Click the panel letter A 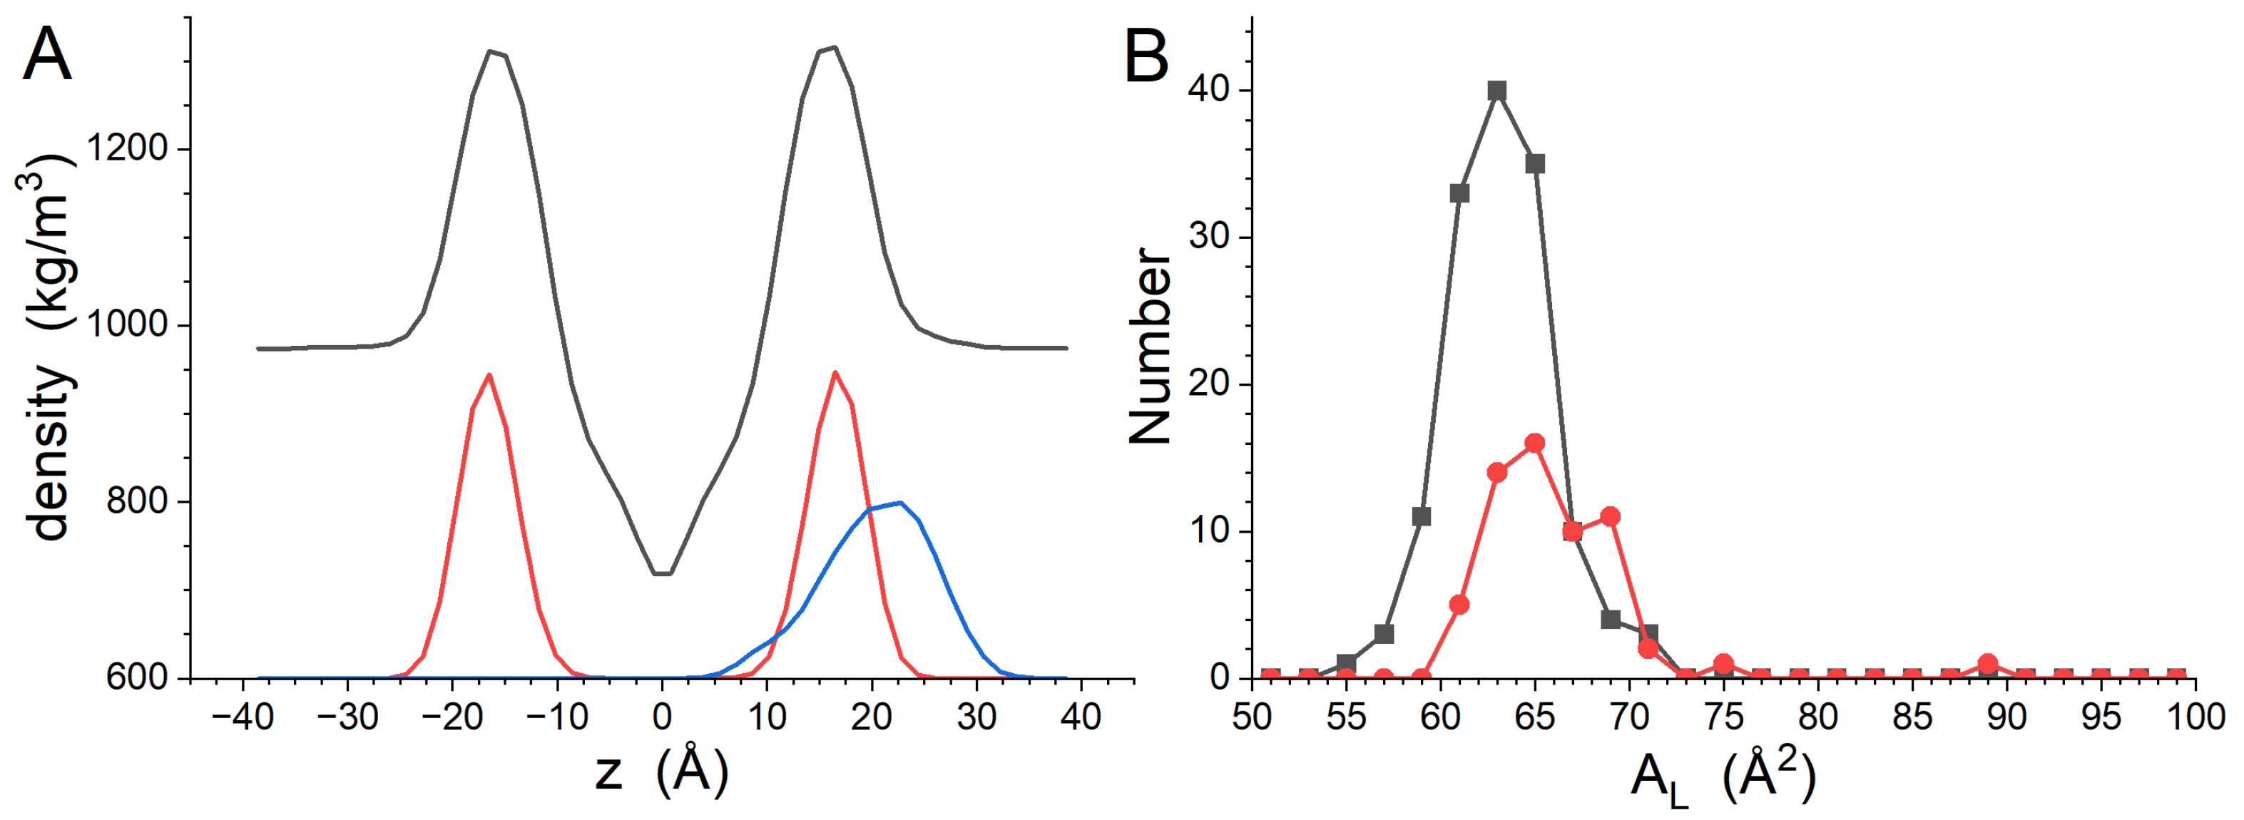pyautogui.click(x=47, y=55)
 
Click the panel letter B pyautogui.click(x=1146, y=55)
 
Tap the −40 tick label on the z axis pyautogui.click(x=243, y=717)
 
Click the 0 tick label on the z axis pyautogui.click(x=662, y=717)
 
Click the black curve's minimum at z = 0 pyautogui.click(x=662, y=574)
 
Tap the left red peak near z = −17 pyautogui.click(x=489, y=375)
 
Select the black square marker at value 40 pyautogui.click(x=1497, y=91)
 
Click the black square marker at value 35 pyautogui.click(x=1535, y=164)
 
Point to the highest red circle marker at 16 pyautogui.click(x=1535, y=443)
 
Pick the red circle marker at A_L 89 pyautogui.click(x=1988, y=663)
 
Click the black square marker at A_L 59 pyautogui.click(x=1422, y=517)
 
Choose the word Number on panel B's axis pyautogui.click(x=1150, y=347)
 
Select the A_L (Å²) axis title pyautogui.click(x=1723, y=777)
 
